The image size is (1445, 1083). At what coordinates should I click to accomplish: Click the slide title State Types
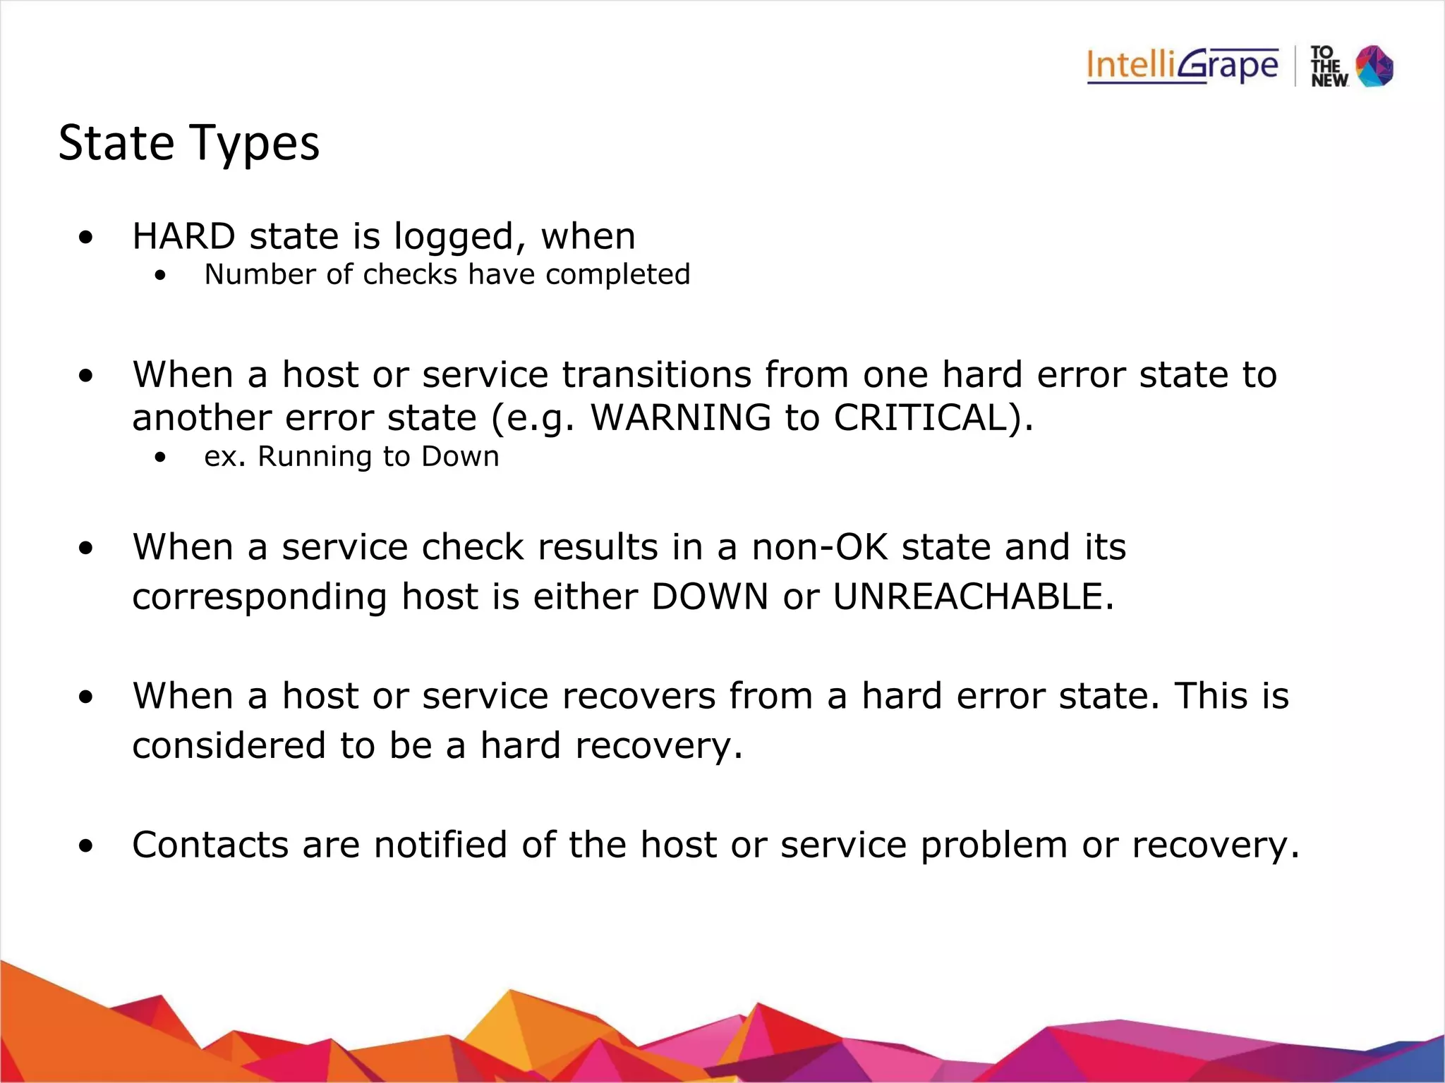(x=188, y=143)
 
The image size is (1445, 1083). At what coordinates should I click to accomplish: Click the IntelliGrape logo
(x=1182, y=66)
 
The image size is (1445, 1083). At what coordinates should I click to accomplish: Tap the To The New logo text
(x=1329, y=67)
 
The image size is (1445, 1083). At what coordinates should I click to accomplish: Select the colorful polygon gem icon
(x=1375, y=66)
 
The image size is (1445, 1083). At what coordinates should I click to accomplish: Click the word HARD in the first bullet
(x=183, y=236)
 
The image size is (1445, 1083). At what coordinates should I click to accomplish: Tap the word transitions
(x=656, y=374)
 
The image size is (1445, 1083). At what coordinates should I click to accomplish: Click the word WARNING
(x=681, y=417)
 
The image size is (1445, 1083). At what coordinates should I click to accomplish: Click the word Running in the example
(x=313, y=458)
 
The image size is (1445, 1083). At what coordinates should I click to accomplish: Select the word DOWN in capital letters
(x=709, y=596)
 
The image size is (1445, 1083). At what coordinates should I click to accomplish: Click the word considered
(x=229, y=746)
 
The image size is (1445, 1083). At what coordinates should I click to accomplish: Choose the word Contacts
(x=210, y=845)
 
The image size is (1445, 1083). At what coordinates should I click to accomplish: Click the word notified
(x=440, y=845)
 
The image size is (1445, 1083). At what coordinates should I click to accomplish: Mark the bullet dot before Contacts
(x=86, y=846)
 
